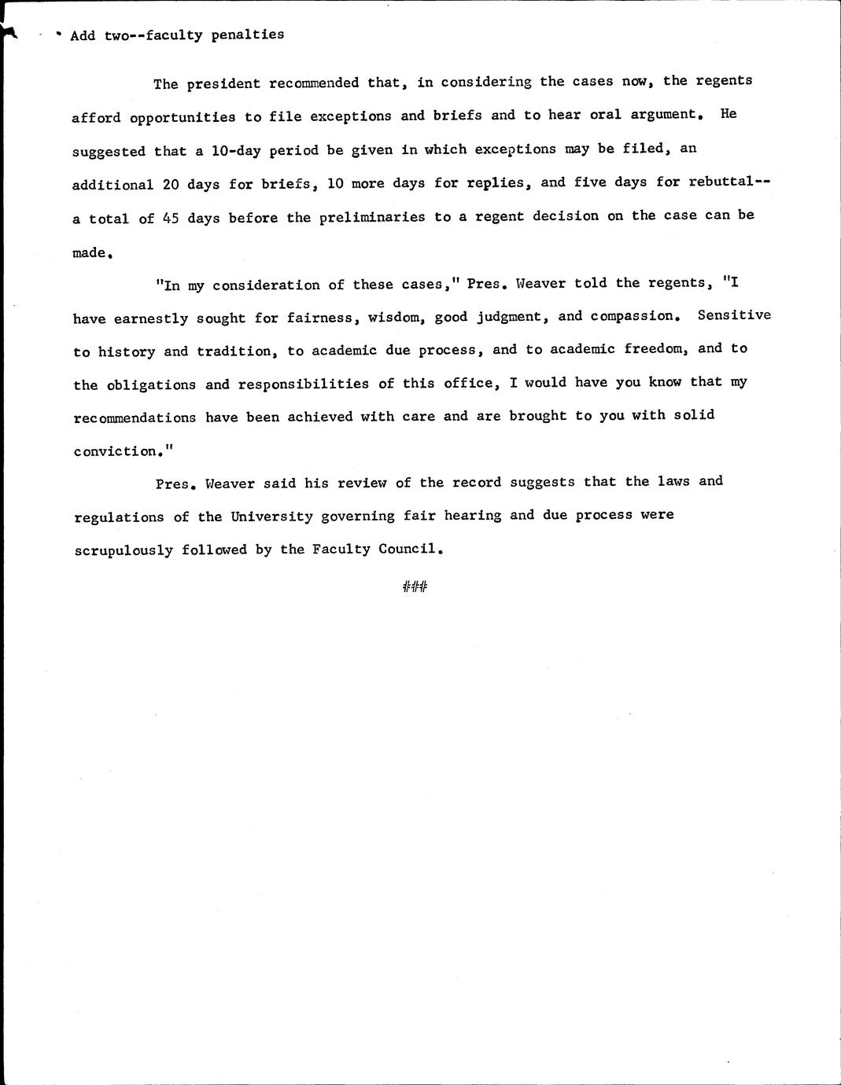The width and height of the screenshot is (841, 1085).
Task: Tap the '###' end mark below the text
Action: pos(414,587)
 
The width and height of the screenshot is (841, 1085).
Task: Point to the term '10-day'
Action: pos(236,149)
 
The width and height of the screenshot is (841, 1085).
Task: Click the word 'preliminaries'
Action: pos(372,217)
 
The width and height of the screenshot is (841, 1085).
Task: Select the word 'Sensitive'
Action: pos(734,314)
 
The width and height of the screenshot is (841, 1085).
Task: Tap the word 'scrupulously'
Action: pos(124,550)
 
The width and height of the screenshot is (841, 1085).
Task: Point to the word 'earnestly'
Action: pos(151,319)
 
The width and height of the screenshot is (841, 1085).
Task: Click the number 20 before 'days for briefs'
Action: pos(172,185)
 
